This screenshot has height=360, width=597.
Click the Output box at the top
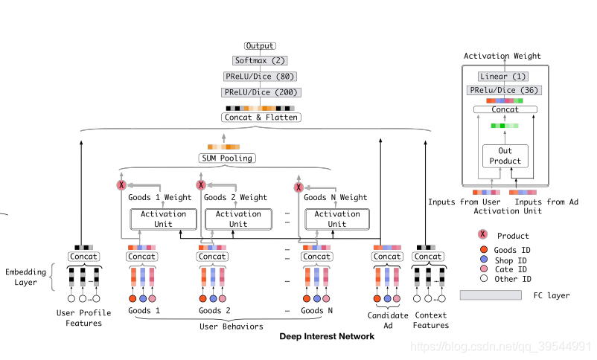(260, 46)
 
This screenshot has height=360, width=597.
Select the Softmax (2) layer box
(260, 60)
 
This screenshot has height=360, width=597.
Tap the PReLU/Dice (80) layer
(260, 76)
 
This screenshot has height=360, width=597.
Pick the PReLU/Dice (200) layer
(260, 92)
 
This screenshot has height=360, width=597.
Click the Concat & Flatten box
(260, 117)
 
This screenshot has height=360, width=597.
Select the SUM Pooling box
(226, 158)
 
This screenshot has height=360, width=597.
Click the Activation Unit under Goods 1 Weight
(163, 219)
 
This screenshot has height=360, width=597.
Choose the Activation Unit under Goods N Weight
(337, 219)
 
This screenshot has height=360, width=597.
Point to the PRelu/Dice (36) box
(505, 90)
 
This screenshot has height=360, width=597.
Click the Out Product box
(505, 156)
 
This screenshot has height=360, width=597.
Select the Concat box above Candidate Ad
(386, 257)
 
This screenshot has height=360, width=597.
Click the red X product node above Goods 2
(200, 185)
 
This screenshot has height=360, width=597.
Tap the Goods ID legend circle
(483, 250)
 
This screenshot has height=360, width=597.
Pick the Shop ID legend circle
(483, 260)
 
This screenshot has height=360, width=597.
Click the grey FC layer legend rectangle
(490, 295)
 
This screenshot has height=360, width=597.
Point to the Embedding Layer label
(25, 277)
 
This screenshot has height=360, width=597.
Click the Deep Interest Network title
(327, 336)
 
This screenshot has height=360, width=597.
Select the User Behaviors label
(232, 326)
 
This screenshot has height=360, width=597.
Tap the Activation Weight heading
(502, 56)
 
